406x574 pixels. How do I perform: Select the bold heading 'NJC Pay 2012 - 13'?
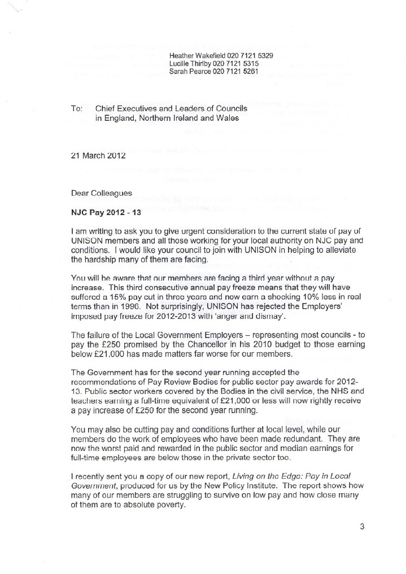[x=105, y=214]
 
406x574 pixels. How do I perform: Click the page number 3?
[x=362, y=527]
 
